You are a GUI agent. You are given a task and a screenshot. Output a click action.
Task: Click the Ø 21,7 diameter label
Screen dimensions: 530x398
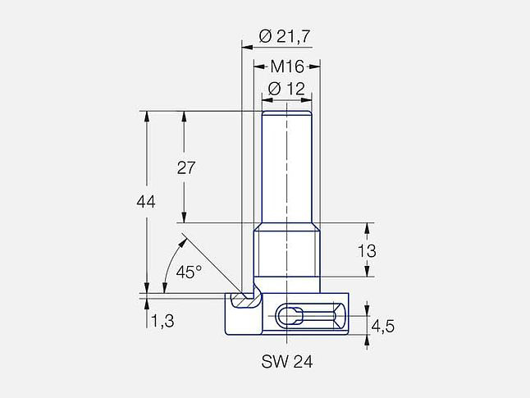(284, 36)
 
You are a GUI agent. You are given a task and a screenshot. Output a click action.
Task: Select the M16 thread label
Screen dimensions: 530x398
(287, 66)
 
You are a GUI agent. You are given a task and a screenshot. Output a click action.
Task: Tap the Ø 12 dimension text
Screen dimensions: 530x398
(286, 89)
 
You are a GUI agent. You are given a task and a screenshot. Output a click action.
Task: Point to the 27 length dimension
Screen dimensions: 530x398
(186, 168)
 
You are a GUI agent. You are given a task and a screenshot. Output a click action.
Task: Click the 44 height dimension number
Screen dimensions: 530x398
(146, 202)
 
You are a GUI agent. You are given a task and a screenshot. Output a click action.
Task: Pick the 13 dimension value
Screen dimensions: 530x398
(367, 251)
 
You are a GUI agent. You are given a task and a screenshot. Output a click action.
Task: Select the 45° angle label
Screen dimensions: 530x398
(189, 272)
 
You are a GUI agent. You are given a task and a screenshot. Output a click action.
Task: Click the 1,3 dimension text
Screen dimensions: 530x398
(162, 321)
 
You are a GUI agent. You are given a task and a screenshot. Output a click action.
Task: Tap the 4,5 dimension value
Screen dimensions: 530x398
(382, 327)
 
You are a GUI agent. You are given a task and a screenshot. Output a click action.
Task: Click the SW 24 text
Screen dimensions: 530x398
(287, 361)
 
